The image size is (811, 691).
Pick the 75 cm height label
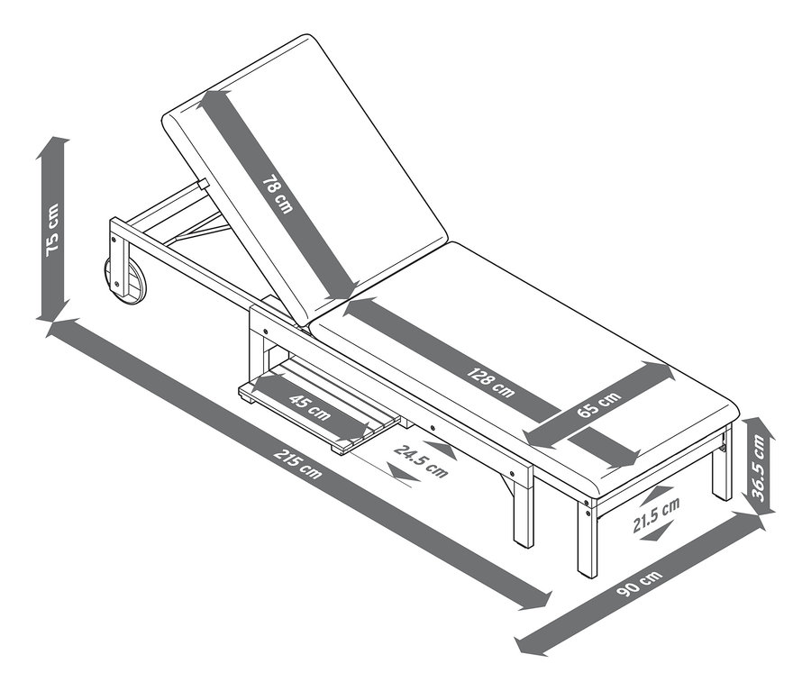(53, 229)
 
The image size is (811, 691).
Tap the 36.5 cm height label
(760, 467)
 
